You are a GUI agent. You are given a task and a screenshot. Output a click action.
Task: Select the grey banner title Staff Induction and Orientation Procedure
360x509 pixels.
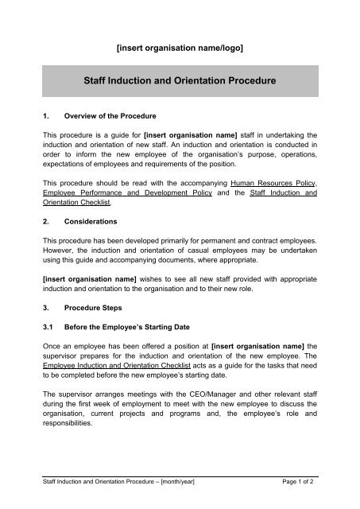(x=180, y=80)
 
